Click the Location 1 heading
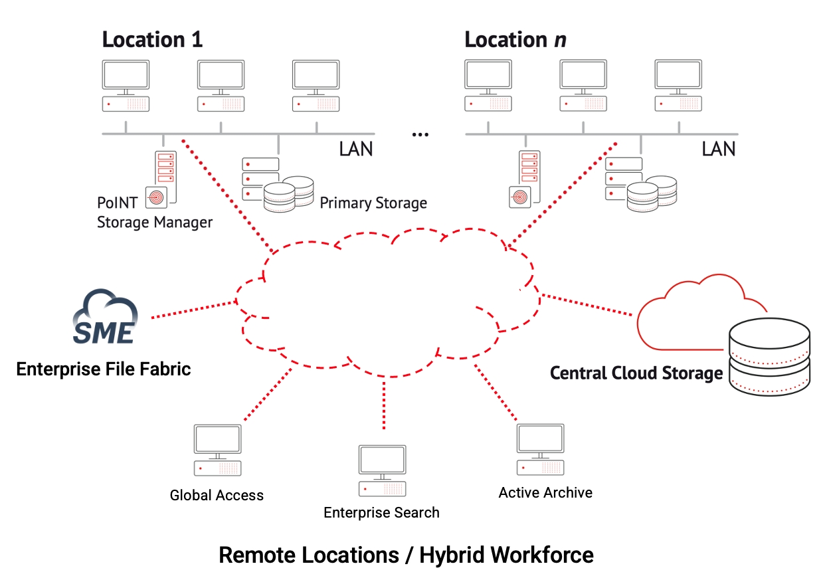pyautogui.click(x=152, y=39)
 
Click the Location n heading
pyautogui.click(x=515, y=39)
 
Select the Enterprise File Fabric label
pyautogui.click(x=104, y=369)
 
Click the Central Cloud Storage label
pyautogui.click(x=636, y=373)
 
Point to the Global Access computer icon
pyautogui.click(x=217, y=450)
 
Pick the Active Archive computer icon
pyautogui.click(x=541, y=448)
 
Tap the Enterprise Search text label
pyautogui.click(x=381, y=513)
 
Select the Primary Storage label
pyautogui.click(x=373, y=203)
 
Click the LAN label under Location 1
pyautogui.click(x=356, y=148)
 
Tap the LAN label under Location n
pyautogui.click(x=719, y=148)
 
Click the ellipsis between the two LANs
pyautogui.click(x=420, y=135)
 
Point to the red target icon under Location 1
pyautogui.click(x=157, y=197)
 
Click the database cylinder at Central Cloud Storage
pyautogui.click(x=769, y=359)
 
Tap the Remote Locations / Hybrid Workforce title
pyautogui.click(x=406, y=555)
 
